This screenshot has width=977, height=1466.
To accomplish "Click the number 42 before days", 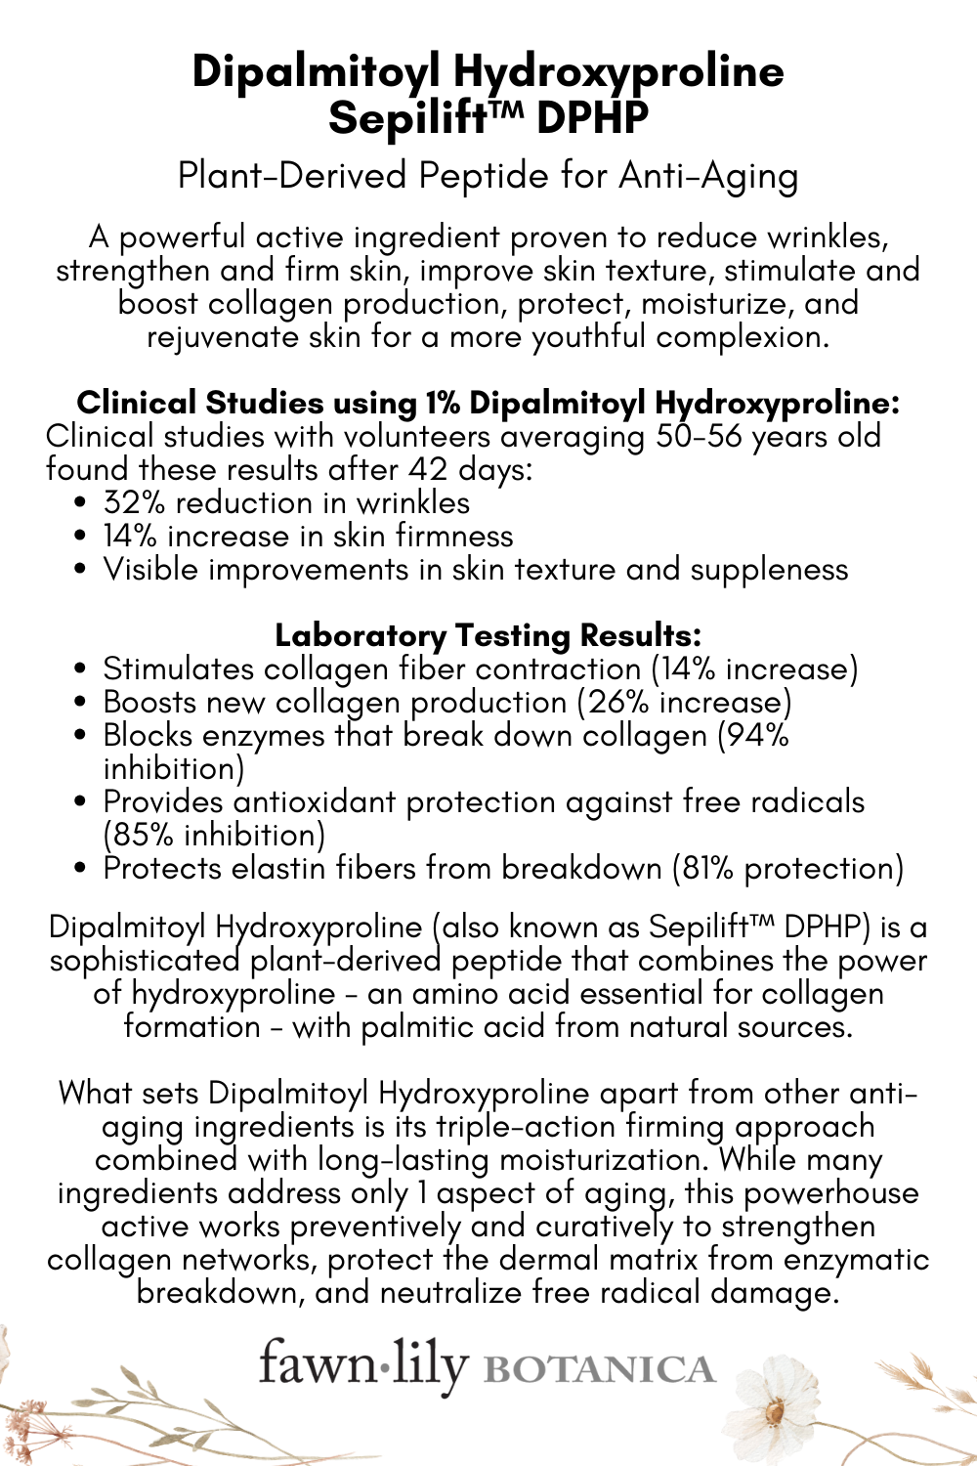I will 428,469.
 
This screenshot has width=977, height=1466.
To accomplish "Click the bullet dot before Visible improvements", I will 82,570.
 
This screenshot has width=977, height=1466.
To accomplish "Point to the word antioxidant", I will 315,801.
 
